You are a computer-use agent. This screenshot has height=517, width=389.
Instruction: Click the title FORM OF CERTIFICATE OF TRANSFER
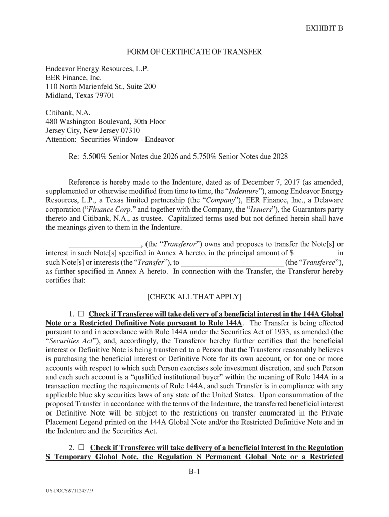(194, 52)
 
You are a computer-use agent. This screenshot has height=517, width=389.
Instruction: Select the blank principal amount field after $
(315, 253)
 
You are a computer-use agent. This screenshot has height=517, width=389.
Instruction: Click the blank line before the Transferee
(232, 262)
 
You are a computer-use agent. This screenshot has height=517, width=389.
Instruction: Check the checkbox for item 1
(80, 314)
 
